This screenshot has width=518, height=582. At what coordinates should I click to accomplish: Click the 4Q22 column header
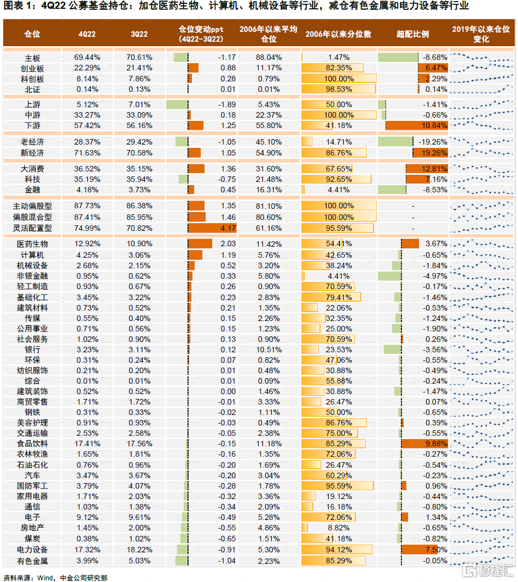click(x=86, y=34)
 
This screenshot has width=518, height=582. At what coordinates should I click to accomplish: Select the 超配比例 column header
click(x=412, y=34)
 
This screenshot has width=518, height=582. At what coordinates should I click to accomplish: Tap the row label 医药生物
click(x=32, y=244)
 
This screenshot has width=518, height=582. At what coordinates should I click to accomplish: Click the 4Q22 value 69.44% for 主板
click(x=87, y=58)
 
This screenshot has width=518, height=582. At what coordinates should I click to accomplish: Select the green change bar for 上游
click(x=177, y=104)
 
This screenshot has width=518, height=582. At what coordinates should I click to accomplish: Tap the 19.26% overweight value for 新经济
click(x=432, y=153)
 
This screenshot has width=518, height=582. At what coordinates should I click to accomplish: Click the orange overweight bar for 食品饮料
click(x=425, y=444)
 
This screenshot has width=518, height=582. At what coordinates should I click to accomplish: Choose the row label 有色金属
click(x=32, y=561)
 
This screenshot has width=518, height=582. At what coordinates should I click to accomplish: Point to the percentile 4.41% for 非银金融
click(x=339, y=276)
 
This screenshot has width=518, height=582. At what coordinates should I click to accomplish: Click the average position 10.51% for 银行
click(x=268, y=350)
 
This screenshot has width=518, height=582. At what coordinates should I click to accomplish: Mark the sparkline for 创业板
click(x=481, y=68)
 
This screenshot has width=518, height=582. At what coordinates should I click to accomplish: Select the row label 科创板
click(x=32, y=79)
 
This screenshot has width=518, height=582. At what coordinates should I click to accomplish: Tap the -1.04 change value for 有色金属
click(x=226, y=561)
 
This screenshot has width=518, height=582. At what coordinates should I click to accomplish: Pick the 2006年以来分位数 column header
click(x=338, y=34)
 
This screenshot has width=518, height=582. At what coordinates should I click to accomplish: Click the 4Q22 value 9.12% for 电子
click(x=87, y=517)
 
